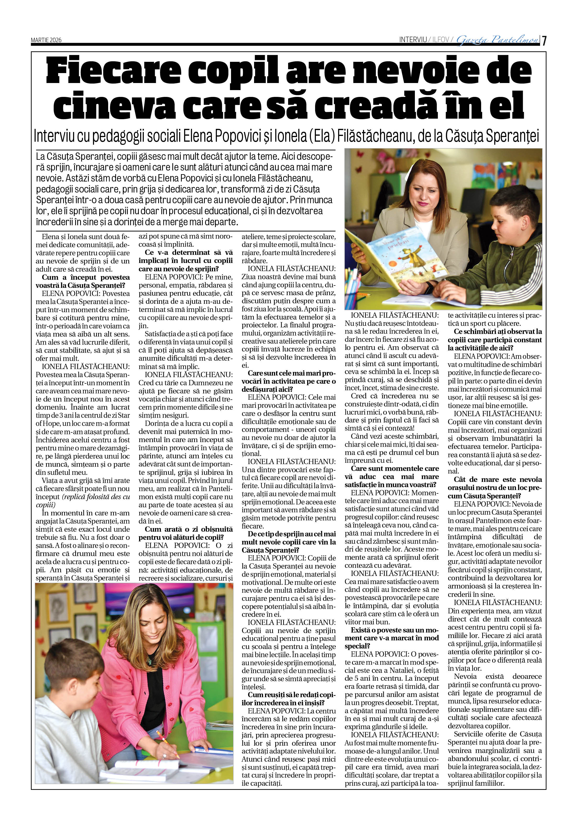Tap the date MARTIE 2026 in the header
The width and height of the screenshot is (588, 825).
(x=46, y=40)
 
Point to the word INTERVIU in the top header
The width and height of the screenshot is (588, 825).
(x=413, y=40)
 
